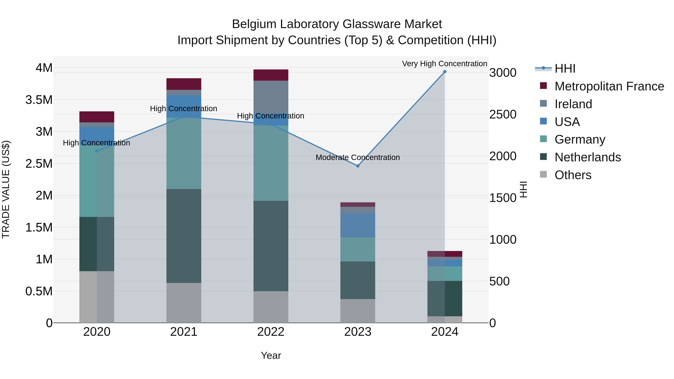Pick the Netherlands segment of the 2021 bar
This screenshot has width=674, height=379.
184,235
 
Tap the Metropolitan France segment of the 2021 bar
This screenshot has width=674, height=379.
184,84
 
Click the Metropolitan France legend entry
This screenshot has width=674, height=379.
609,86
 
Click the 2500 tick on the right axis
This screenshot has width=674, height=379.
503,115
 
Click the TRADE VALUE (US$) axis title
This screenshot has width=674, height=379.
6,189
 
